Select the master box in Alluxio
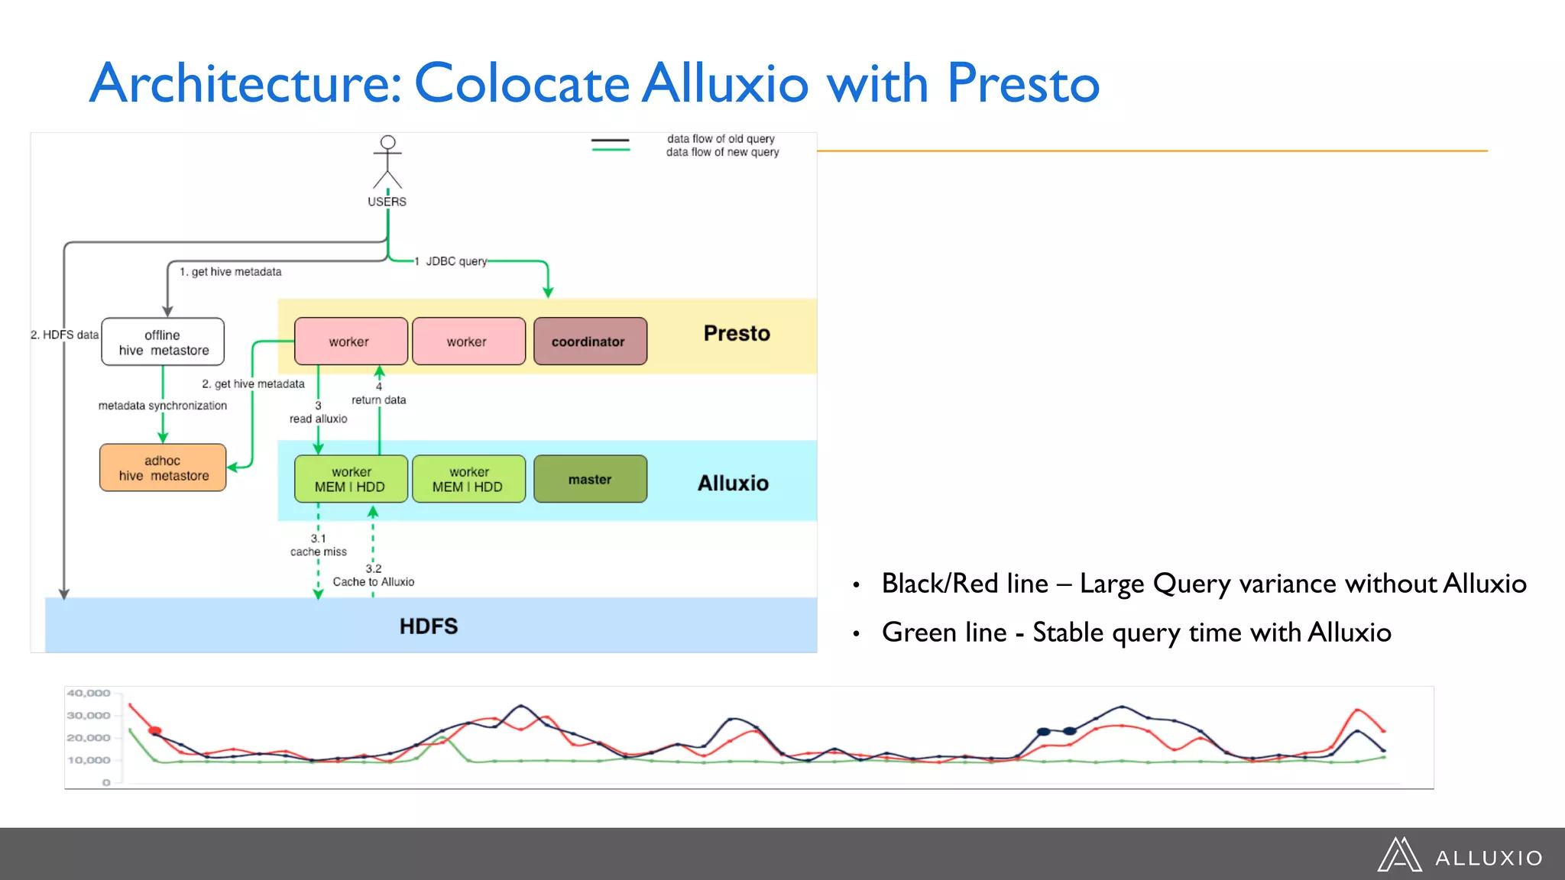click(590, 480)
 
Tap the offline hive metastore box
click(163, 342)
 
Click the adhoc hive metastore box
click(163, 467)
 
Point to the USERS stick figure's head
click(388, 142)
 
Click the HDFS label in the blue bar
click(428, 626)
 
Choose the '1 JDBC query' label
click(451, 261)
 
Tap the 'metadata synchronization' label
click(163, 406)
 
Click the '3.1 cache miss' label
click(318, 545)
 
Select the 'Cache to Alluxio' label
click(374, 582)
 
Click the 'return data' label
click(379, 400)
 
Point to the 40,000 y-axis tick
click(89, 693)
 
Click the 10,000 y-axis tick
click(89, 760)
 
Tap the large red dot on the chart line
click(155, 731)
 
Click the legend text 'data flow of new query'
click(722, 152)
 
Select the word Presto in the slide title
click(1023, 82)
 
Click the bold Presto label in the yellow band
click(737, 334)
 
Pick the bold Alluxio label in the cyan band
click(733, 483)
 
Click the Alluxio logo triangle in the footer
click(1399, 855)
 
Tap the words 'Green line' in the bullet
click(944, 632)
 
